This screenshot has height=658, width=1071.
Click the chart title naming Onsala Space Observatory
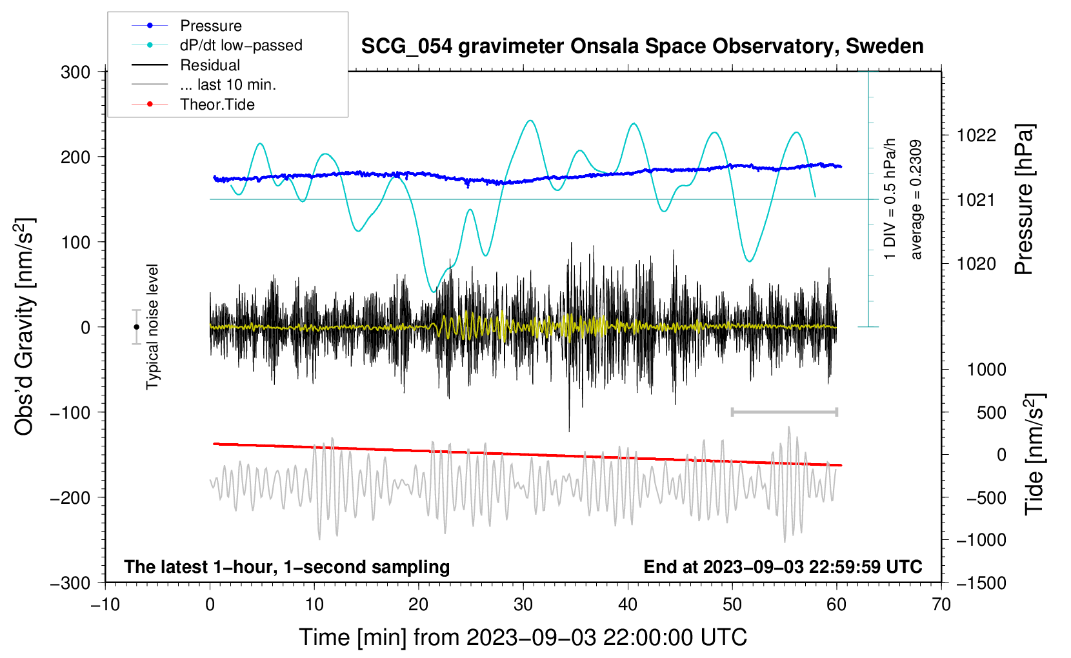pos(642,46)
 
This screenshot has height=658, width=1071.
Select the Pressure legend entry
pos(187,25)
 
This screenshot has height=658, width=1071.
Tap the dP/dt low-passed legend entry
pos(217,45)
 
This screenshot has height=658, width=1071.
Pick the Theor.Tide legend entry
pos(193,105)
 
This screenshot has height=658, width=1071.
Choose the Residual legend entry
pos(186,65)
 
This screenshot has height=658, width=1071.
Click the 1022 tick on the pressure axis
pos(976,135)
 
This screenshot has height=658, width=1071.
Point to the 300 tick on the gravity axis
pos(75,72)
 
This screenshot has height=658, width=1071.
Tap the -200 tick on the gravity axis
pos(70,498)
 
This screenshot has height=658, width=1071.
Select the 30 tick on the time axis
pos(523,604)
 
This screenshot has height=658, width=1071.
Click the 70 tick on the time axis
pos(941,604)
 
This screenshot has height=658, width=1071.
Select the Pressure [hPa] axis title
pos(1024,199)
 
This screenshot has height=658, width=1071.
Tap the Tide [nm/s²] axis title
pos(1035,454)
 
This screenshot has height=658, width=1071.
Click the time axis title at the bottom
pos(523,637)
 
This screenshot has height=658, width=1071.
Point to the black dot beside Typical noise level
pos(137,327)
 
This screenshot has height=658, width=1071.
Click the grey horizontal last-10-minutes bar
pos(785,412)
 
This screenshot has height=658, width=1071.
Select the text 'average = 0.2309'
pos(916,199)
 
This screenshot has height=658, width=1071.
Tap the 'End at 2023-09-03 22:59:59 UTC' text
pos(783,566)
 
